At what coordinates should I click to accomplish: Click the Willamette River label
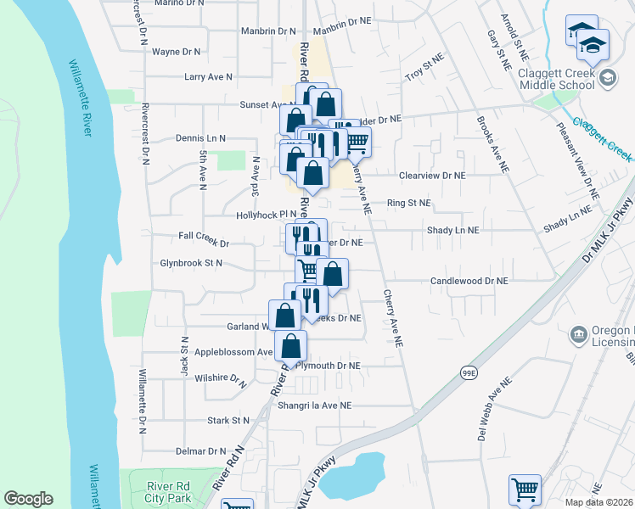(x=82, y=98)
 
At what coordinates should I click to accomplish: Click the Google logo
(x=28, y=499)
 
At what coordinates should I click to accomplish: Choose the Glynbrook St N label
(x=191, y=264)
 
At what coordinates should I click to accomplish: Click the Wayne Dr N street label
(x=177, y=52)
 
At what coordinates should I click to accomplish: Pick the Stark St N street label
(x=228, y=421)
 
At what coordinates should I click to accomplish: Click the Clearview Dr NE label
(x=433, y=176)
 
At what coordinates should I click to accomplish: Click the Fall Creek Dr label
(x=204, y=243)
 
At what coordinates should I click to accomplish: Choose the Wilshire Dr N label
(x=220, y=378)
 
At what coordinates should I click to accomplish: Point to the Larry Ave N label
(x=208, y=77)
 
